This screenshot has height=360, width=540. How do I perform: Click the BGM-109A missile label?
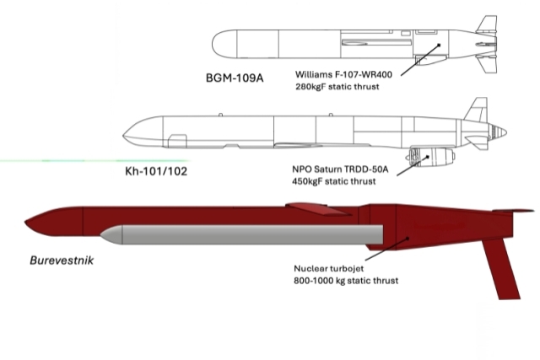[235, 78]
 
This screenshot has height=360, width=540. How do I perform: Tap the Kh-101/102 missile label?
[156, 171]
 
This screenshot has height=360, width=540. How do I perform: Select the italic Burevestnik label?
[62, 261]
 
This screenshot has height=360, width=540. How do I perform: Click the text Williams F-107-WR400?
[343, 74]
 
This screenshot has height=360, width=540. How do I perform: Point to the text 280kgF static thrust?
[337, 86]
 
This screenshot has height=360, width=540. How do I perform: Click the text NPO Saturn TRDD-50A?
[340, 169]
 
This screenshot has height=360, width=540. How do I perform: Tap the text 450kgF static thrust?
[334, 181]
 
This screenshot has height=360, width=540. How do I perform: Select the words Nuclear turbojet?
[328, 268]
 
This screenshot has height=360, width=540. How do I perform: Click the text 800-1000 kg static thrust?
[346, 281]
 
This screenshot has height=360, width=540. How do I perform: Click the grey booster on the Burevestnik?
[242, 234]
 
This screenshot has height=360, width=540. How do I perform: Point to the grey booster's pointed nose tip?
[100, 235]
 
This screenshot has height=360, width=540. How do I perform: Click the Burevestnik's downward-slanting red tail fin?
[501, 268]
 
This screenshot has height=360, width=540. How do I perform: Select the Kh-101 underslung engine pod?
[430, 158]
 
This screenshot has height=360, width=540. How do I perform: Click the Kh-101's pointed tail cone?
[499, 132]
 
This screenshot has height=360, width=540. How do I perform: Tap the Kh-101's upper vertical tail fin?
[478, 110]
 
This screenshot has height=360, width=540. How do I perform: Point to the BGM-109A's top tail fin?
[488, 24]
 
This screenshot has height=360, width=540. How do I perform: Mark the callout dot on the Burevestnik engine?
[408, 238]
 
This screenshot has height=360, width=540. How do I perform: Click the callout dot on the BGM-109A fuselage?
[439, 45]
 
